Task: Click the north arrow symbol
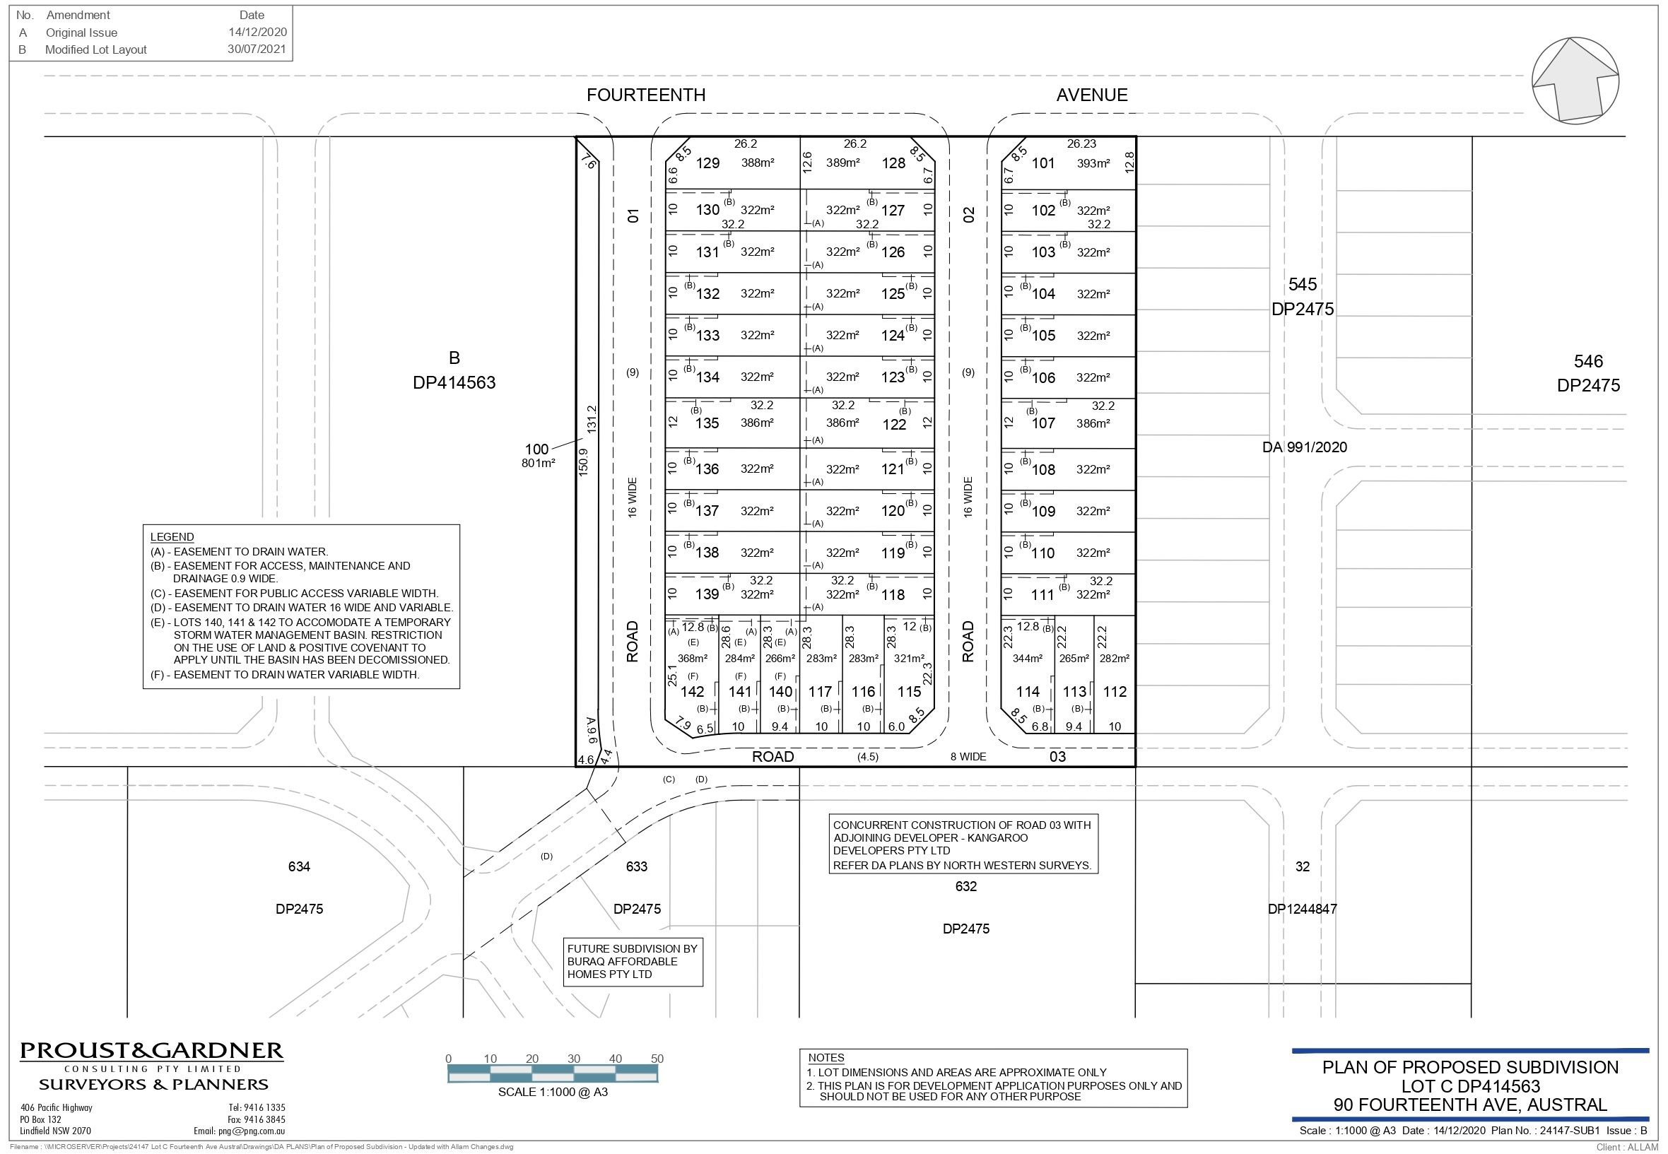coord(1575,81)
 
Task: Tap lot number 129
coord(707,163)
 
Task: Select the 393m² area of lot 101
coord(1093,163)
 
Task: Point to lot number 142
coord(692,692)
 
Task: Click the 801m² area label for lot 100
coord(538,464)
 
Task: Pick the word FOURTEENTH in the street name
coord(646,95)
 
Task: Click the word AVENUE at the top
coord(1092,95)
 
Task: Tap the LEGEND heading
coord(172,537)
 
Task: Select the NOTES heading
coord(826,1058)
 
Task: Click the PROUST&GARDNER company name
coord(152,1051)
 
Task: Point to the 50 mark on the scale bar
coord(657,1059)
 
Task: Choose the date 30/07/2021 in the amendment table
coord(257,50)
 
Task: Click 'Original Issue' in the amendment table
coord(81,33)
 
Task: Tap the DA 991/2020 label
coord(1304,447)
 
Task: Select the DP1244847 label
coord(1302,909)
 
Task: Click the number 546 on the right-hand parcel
coord(1588,362)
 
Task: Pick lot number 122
coord(894,425)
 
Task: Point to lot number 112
coord(1114,692)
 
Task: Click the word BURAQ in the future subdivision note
coord(586,962)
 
